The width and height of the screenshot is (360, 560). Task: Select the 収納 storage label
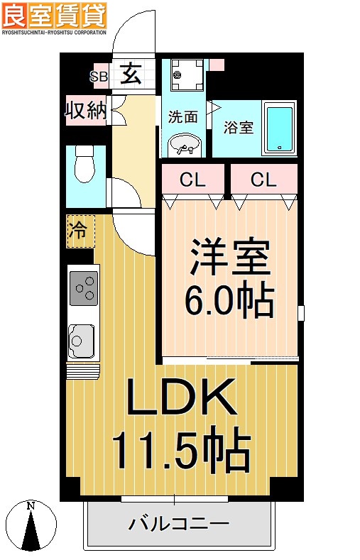[x=86, y=111]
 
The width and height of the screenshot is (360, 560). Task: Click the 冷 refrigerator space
[x=80, y=230]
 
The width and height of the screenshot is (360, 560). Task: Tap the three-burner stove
[x=83, y=288]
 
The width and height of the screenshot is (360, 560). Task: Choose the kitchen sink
[x=82, y=339]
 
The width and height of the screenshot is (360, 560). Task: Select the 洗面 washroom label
[x=182, y=118]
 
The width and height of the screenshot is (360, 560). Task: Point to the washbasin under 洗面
[x=185, y=145]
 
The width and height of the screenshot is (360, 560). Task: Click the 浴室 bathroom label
[x=238, y=128]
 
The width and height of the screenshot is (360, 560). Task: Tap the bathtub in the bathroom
[x=279, y=127]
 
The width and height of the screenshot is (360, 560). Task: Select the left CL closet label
[x=192, y=180]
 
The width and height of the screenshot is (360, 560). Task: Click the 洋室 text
[x=229, y=260]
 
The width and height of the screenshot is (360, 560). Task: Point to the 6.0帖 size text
[x=229, y=302]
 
